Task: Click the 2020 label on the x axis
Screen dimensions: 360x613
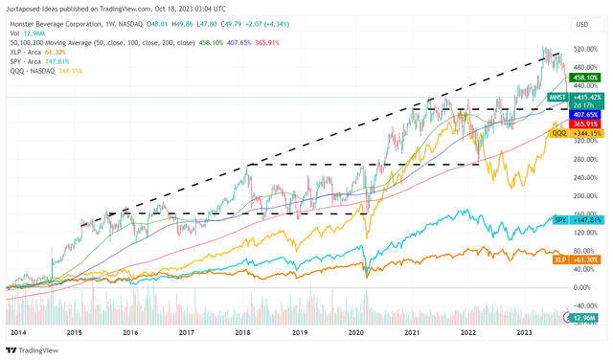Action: (355, 332)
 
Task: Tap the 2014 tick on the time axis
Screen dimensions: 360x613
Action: (16, 332)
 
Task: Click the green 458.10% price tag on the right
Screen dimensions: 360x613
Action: (584, 77)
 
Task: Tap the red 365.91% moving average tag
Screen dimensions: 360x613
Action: (584, 124)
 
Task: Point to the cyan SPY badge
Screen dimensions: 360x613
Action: (560, 219)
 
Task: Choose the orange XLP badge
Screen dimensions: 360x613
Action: (560, 259)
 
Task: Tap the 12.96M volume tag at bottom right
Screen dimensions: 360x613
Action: (583, 317)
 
